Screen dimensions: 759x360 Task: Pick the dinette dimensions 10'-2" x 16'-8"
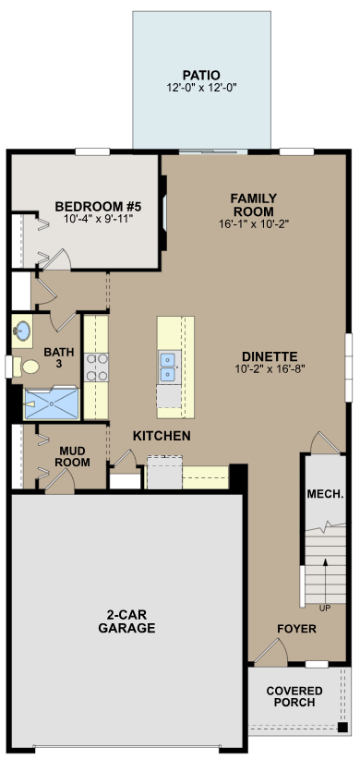(x=269, y=368)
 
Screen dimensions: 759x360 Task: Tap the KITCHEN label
(x=162, y=435)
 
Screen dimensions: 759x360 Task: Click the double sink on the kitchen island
(x=169, y=367)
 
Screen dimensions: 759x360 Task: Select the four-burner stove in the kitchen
(x=97, y=367)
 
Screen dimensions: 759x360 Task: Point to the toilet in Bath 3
(x=30, y=367)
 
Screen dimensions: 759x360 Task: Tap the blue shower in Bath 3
(x=52, y=403)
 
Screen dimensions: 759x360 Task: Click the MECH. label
(x=325, y=492)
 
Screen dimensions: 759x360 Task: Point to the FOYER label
(x=296, y=629)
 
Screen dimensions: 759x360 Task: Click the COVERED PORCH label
(x=294, y=697)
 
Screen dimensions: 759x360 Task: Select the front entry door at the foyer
(x=269, y=654)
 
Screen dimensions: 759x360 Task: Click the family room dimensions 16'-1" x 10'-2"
(x=254, y=223)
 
